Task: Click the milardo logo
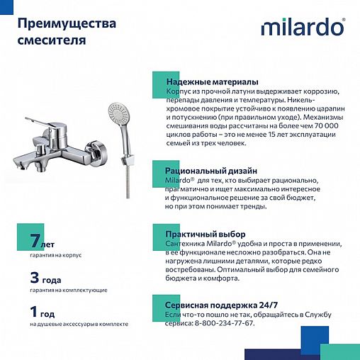(303, 27)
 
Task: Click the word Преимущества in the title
(64, 24)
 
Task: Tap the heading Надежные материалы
(212, 82)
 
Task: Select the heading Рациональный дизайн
(211, 171)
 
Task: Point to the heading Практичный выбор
(206, 234)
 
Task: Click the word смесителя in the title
(52, 40)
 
